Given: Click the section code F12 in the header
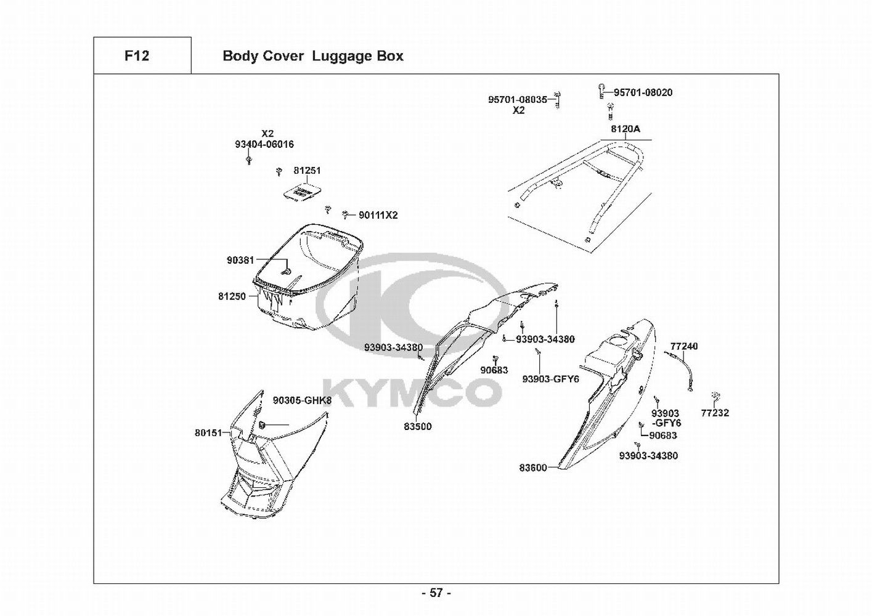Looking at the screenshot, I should [136, 56].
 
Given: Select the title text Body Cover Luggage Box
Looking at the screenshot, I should [312, 56].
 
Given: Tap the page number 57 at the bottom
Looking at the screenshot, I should [436, 593].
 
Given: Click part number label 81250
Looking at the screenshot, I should [231, 296].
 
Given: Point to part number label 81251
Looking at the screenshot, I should [306, 170].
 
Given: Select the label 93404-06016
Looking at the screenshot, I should [264, 144].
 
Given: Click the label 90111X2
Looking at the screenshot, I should [378, 215].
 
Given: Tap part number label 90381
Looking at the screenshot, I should [240, 260].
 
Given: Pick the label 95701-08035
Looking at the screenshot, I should [517, 99].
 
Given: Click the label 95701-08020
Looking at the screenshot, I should [643, 92].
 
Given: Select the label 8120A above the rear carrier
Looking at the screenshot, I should [625, 129].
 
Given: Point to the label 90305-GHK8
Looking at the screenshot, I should [302, 400].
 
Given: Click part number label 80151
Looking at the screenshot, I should [208, 433].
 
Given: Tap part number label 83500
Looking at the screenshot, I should [418, 426].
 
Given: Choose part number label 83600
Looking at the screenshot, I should [532, 468].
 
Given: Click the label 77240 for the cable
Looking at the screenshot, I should [684, 346].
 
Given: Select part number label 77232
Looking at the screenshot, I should [714, 413].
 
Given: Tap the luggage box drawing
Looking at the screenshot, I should [308, 277].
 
